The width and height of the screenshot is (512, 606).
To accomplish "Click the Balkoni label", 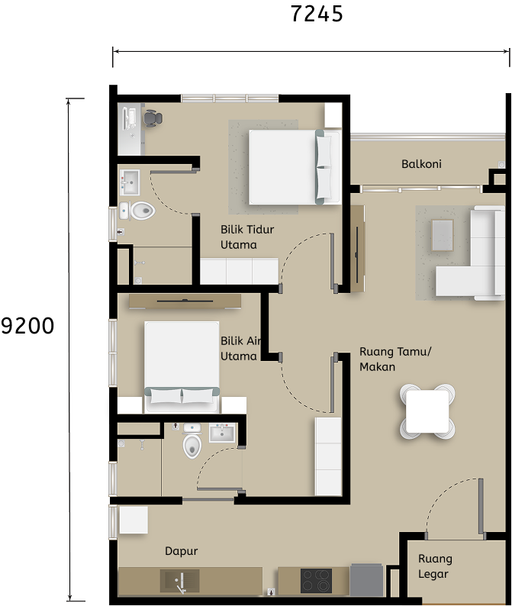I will coord(421,164).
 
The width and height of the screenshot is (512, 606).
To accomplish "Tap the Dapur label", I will coord(182,551).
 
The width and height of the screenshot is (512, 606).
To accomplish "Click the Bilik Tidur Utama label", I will coord(247,237).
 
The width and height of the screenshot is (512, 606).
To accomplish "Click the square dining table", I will coord(428,412).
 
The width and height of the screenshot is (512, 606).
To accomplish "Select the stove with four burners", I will coord(314,581).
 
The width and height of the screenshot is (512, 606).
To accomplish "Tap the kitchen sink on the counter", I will coord(180,581).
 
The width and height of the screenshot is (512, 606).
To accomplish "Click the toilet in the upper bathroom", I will coord(140,210).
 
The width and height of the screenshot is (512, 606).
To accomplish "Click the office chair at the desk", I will coord(153,118).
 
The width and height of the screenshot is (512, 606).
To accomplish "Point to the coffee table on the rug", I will coord(442,234).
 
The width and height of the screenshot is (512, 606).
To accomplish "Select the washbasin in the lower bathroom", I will coord(223,434).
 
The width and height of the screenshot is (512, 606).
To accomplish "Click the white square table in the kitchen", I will coord(134,521).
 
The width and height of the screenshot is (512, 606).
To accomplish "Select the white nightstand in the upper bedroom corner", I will coord(333,115).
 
